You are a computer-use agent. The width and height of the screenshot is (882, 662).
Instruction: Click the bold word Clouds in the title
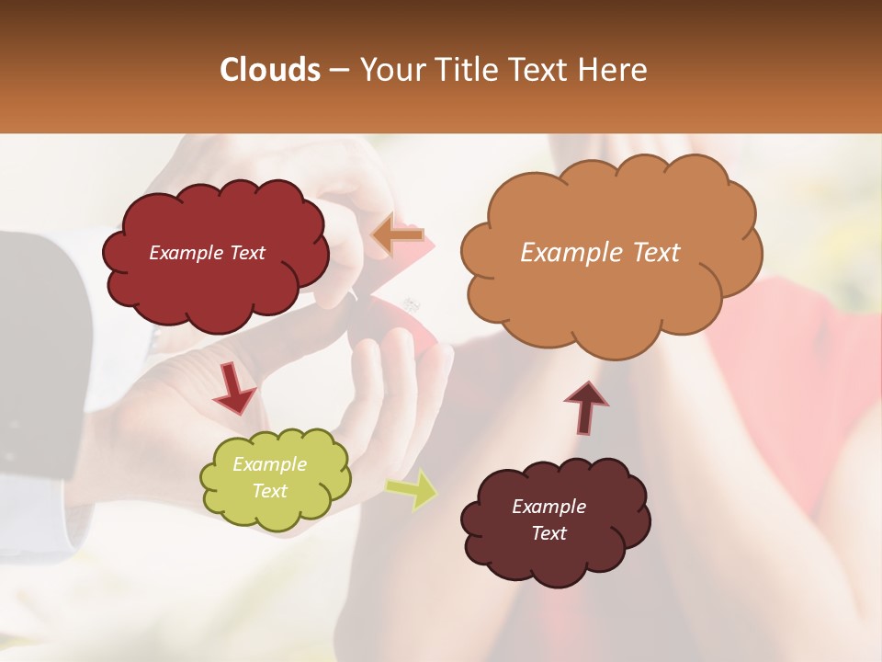click(270, 70)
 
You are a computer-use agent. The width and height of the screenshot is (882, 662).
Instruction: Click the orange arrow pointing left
click(397, 234)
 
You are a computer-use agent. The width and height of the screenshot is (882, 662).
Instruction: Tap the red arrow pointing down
click(235, 390)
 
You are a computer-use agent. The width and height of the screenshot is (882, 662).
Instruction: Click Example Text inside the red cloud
click(207, 253)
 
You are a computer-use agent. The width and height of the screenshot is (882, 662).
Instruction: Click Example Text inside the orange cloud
click(600, 253)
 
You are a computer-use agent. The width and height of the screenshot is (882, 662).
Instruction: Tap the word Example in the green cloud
click(269, 464)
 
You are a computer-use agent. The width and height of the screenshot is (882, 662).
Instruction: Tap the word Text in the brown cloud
click(548, 533)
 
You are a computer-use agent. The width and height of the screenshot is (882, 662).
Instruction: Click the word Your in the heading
click(389, 70)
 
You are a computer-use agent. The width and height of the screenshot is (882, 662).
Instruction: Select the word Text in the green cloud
click(269, 491)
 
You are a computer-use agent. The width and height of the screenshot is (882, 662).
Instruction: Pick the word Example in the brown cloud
click(548, 507)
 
